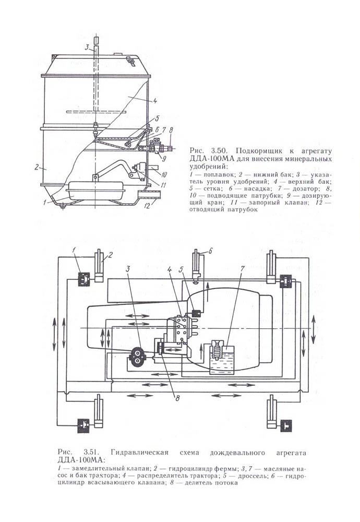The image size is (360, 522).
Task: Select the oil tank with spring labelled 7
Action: click(x=220, y=356)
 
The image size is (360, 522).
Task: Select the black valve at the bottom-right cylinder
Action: click(x=286, y=425)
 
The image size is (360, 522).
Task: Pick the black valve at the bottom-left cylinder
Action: click(x=84, y=425)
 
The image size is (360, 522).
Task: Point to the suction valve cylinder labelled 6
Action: click(x=196, y=265)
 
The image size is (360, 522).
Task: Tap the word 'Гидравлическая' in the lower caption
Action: click(x=140, y=452)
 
